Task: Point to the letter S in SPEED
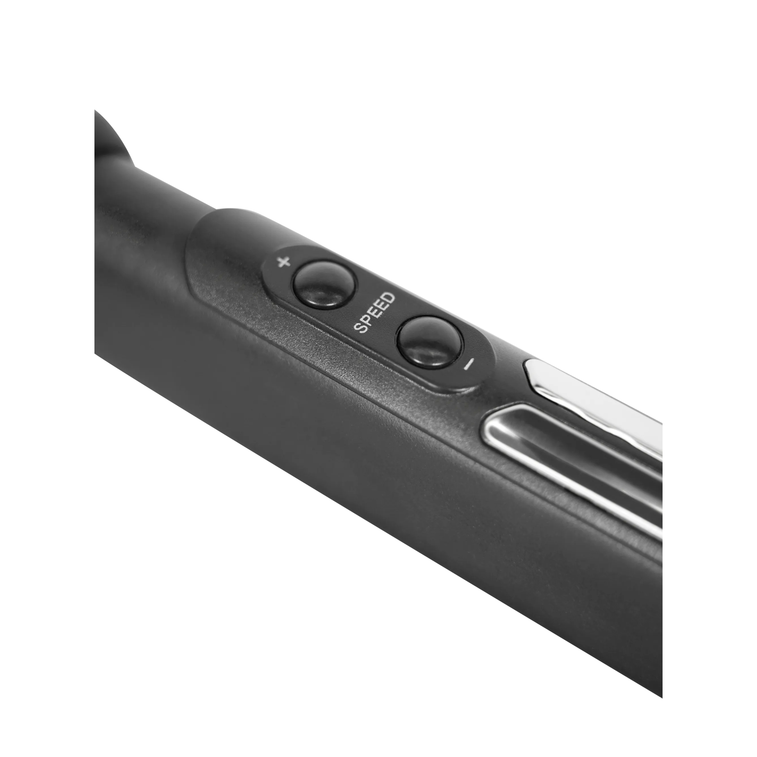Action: (360, 327)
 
